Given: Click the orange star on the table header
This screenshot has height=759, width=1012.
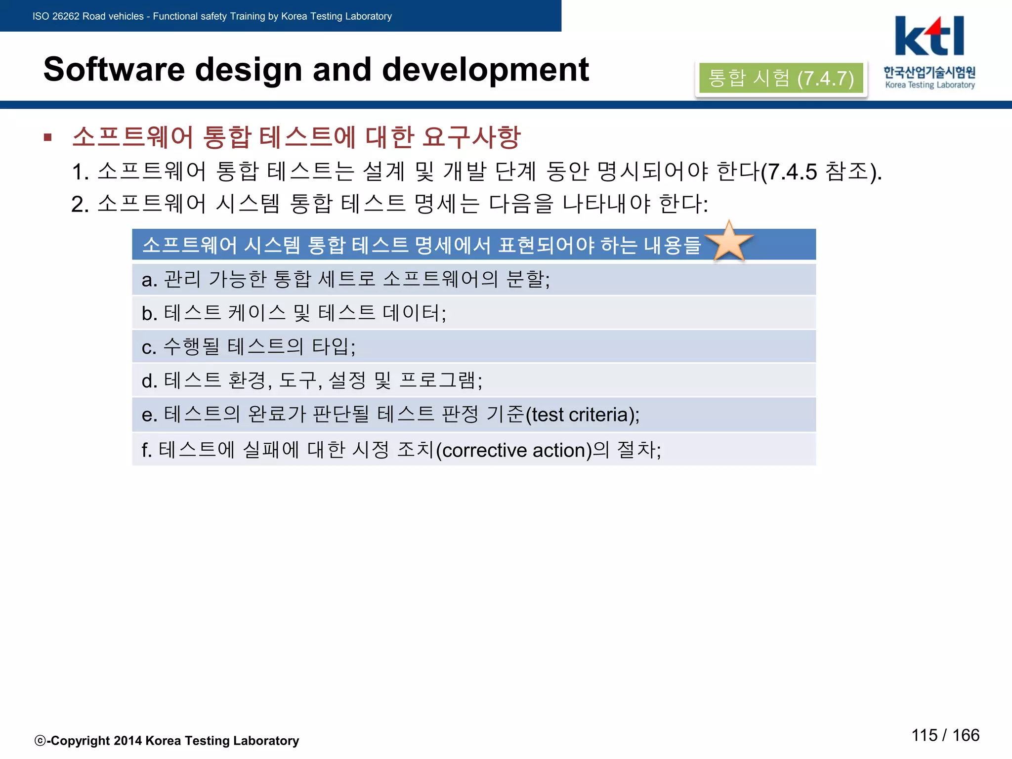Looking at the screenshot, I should coord(729,242).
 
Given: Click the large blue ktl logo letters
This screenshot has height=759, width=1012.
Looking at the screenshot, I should coord(929,37).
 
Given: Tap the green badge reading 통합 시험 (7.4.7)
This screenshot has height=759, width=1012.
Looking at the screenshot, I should coord(781,78).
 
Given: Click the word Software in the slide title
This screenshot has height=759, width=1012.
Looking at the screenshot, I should coord(114,70).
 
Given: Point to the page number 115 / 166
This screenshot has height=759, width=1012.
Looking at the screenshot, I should coord(945,735).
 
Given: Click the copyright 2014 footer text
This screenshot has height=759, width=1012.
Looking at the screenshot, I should coord(167,740).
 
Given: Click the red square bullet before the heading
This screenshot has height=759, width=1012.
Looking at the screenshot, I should coord(48,137).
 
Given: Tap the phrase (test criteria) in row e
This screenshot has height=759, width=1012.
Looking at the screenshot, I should coord(582,415).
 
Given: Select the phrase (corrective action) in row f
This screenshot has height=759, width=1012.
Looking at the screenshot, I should coord(514,450).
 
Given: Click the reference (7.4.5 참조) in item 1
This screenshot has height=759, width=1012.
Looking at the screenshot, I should coord(820,172).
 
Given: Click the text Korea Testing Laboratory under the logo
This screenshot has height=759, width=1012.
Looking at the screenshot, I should coord(930,85).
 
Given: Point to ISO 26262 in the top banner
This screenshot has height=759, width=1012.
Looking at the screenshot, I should coord(55,16).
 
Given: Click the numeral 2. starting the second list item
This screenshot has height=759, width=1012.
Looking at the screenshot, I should coord(80,204).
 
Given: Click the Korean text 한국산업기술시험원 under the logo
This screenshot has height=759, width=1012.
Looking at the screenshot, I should coord(929,72).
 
